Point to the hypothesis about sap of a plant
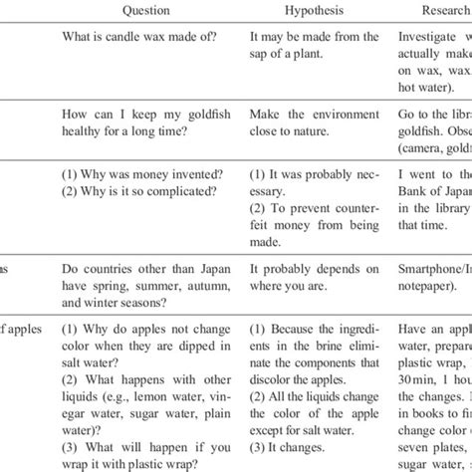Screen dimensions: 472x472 313,46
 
